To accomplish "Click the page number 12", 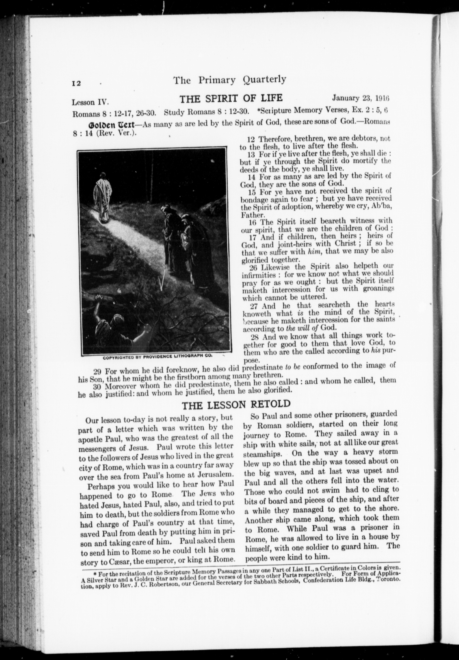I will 76,83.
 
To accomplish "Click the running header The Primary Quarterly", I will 229,80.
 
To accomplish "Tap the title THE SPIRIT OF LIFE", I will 231,99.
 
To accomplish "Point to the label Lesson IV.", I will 90,102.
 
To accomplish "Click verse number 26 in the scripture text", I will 253,268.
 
